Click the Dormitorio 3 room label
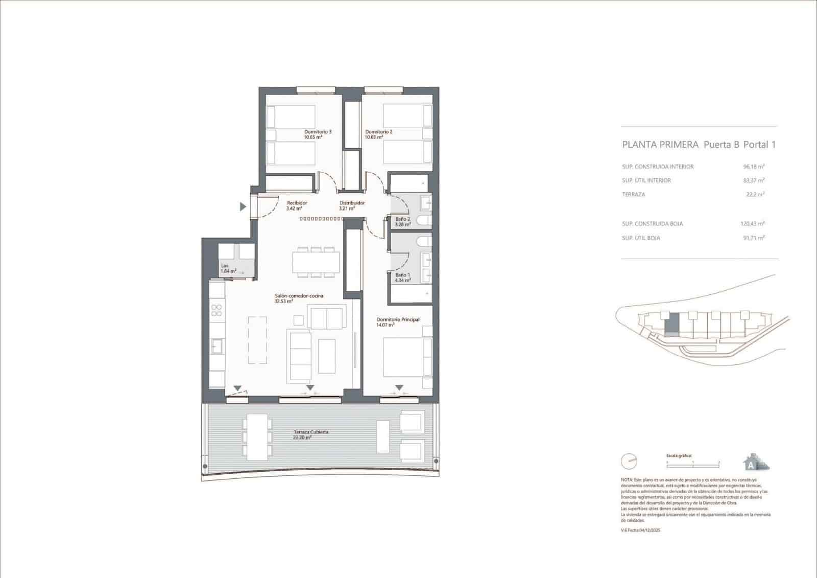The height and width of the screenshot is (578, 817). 318,131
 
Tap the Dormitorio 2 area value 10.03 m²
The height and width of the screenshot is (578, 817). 374,137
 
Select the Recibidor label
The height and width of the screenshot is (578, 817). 297,203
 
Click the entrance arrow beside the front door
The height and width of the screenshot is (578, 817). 243,206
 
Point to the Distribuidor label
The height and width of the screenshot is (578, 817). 352,203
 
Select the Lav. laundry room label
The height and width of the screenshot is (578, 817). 225,266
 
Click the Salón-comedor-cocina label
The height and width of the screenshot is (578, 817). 299,296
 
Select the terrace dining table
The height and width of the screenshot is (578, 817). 256,436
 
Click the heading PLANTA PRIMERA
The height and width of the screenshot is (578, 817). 660,145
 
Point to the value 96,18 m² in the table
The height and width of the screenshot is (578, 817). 753,167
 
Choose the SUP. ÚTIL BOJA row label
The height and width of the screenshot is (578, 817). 640,238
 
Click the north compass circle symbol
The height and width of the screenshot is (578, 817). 629,461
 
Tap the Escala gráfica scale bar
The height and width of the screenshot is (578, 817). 692,462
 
